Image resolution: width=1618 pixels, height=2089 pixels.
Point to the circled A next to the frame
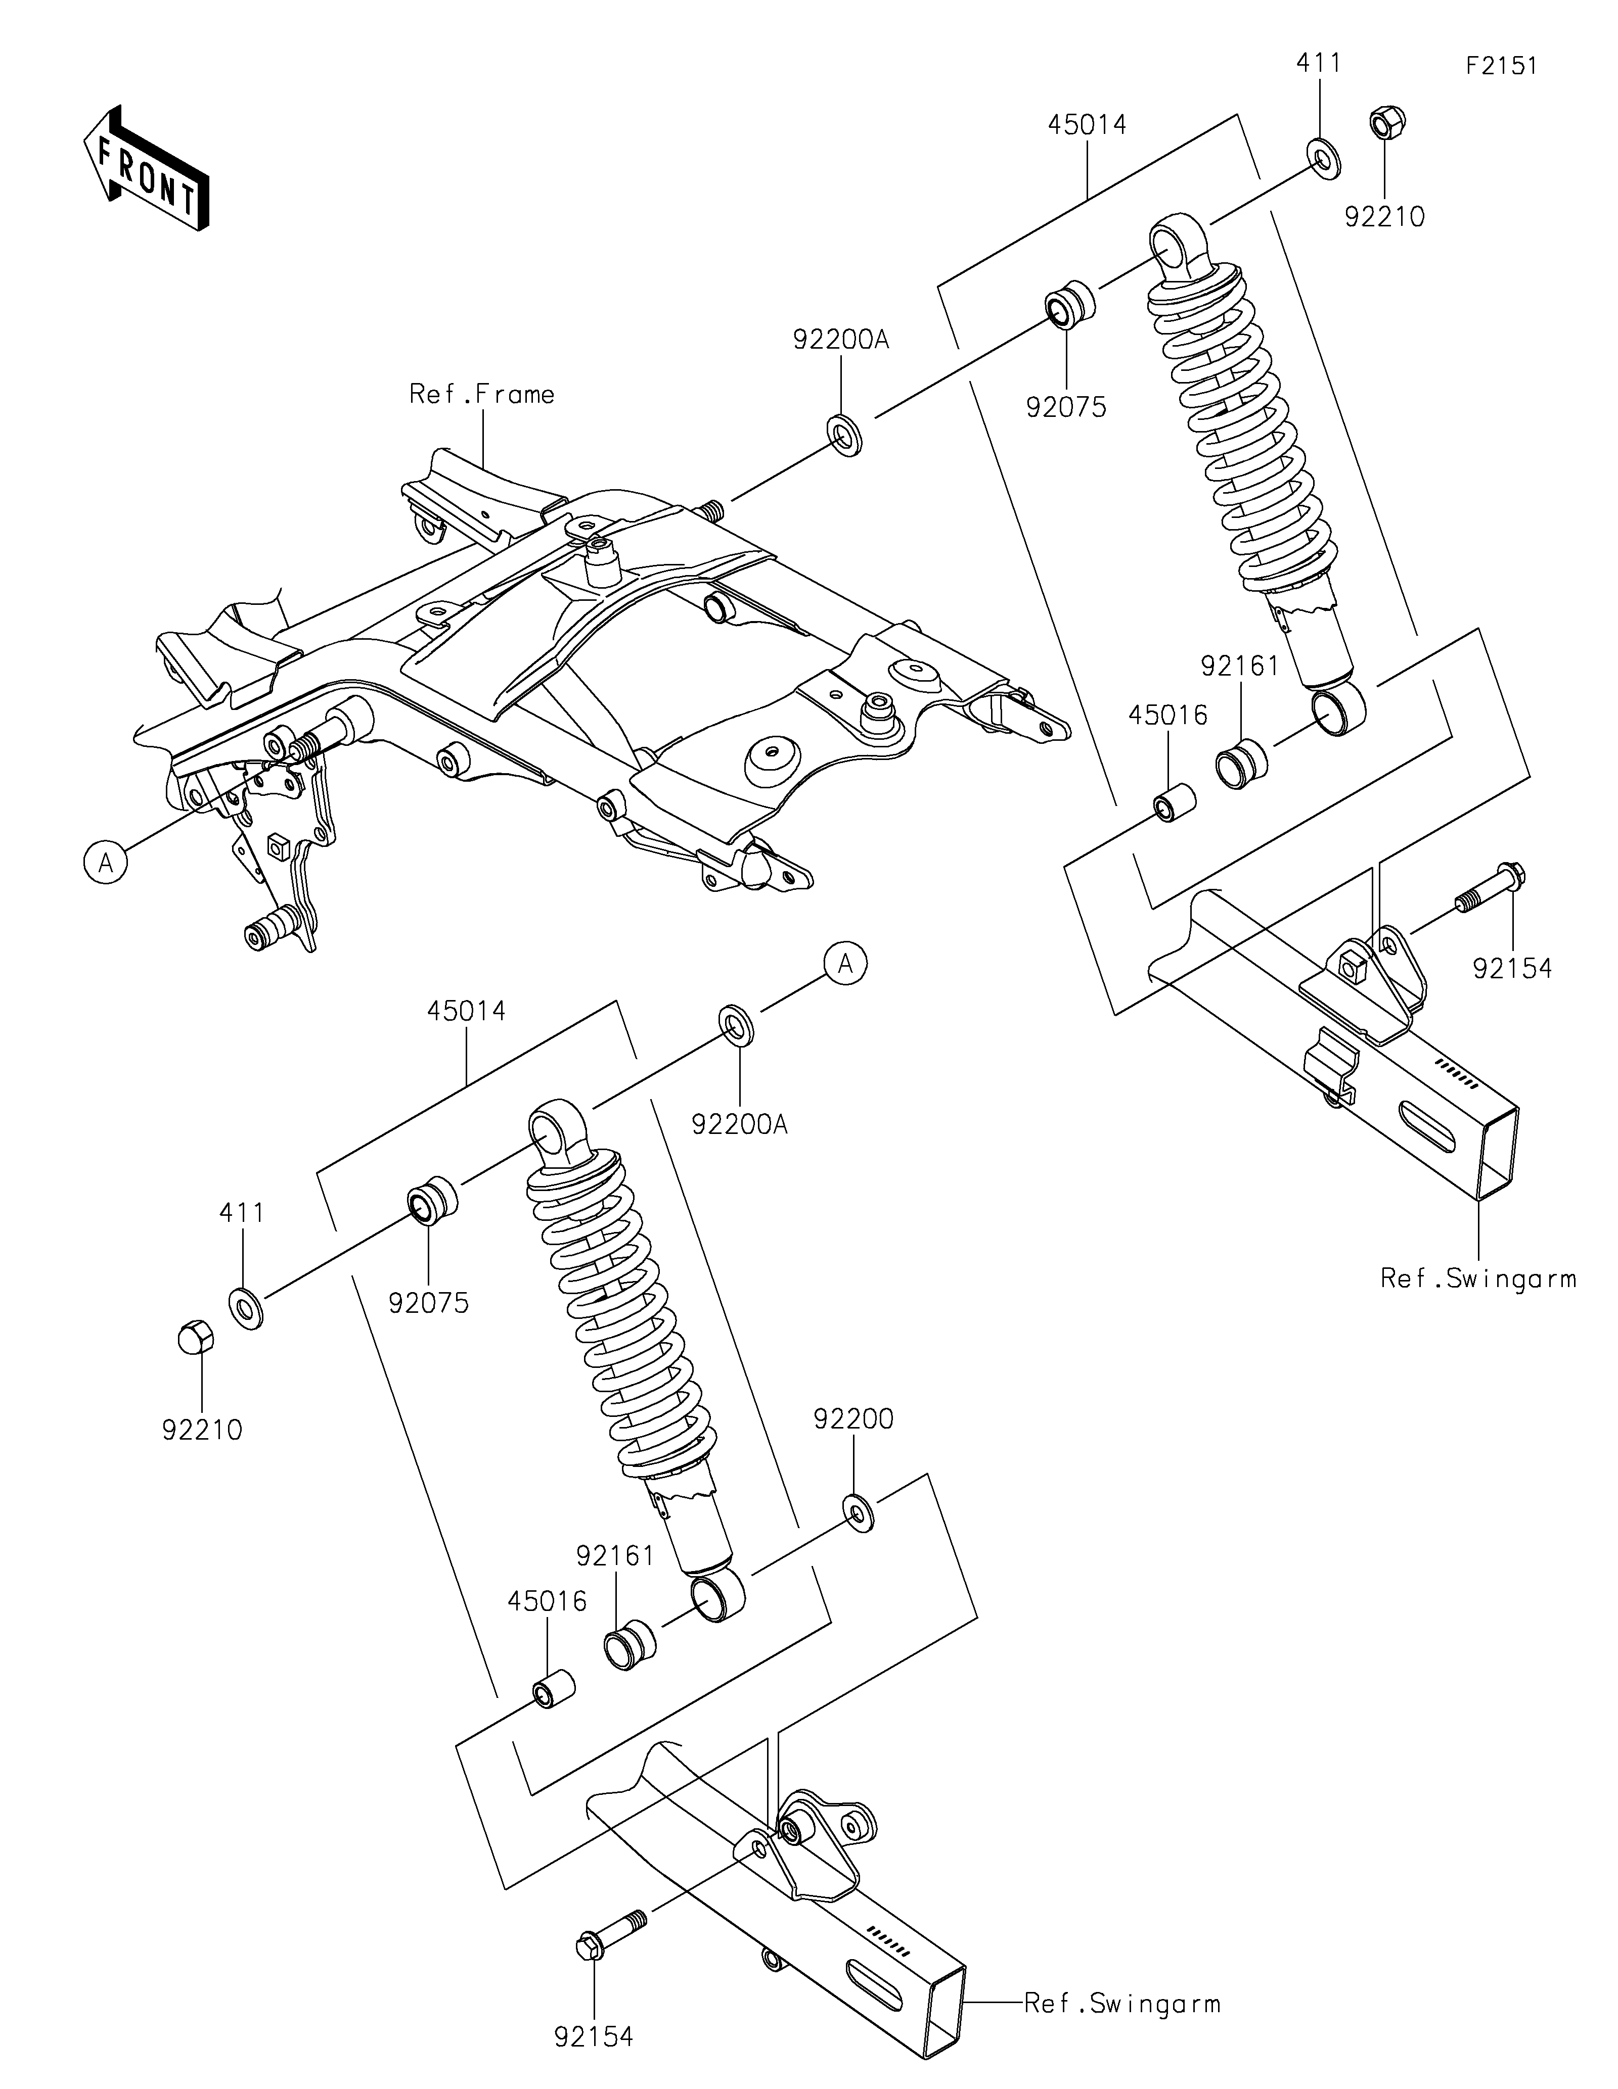click(105, 863)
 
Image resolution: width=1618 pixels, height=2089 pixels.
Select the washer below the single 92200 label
click(858, 1513)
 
